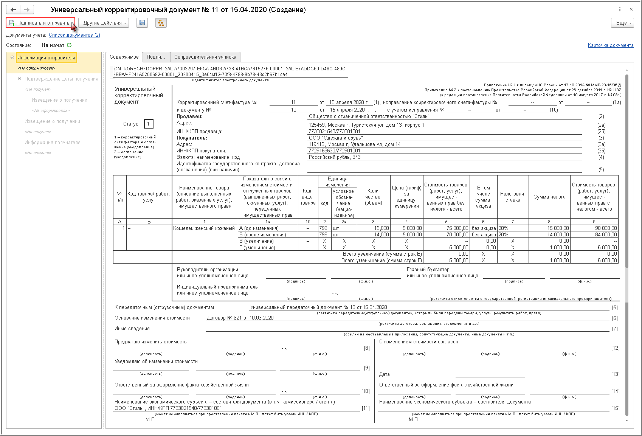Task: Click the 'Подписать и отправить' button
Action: click(x=40, y=23)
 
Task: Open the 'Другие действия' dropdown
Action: click(x=104, y=23)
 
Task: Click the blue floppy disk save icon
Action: click(x=142, y=23)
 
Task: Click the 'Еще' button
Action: click(x=622, y=23)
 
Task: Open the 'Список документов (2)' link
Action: click(x=74, y=35)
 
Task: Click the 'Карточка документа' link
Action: click(x=610, y=45)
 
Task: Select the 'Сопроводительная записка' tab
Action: click(x=205, y=57)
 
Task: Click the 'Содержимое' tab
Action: click(x=124, y=57)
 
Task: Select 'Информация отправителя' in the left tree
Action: click(x=46, y=58)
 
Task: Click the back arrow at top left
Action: click(x=14, y=9)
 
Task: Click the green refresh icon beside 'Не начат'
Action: click(x=69, y=45)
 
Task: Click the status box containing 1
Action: click(x=149, y=124)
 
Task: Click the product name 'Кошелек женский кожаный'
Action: click(x=204, y=228)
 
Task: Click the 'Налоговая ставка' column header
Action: click(x=512, y=197)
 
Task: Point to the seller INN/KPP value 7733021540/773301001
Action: click(x=334, y=132)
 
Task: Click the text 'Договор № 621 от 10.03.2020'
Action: click(x=240, y=318)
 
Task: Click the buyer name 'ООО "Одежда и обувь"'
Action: click(x=335, y=138)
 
